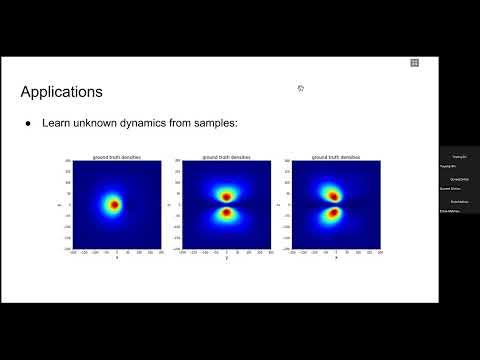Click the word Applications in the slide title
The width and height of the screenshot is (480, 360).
(x=61, y=93)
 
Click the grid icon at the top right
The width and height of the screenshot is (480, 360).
(x=414, y=62)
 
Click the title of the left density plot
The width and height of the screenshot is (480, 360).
(x=116, y=157)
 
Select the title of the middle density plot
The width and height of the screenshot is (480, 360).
(x=226, y=157)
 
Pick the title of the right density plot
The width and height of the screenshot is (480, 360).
(x=336, y=157)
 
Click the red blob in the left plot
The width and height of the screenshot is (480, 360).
(x=115, y=204)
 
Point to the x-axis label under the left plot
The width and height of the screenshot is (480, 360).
(x=116, y=258)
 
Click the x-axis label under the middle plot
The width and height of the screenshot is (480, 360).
(x=226, y=258)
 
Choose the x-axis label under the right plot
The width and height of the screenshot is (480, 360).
(x=336, y=258)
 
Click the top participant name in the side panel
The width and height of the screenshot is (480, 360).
(x=459, y=157)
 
